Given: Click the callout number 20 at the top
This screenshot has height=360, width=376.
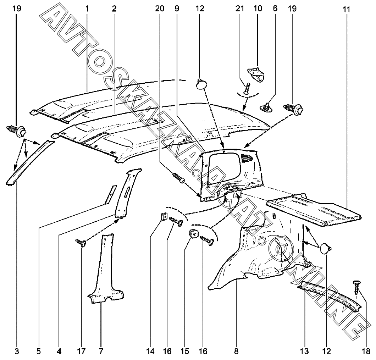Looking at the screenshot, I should (x=160, y=8).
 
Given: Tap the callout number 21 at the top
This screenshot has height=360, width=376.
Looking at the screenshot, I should (x=240, y=8).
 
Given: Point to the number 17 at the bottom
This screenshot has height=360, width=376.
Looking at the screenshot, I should (x=81, y=351).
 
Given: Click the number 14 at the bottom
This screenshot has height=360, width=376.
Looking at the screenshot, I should (x=151, y=351).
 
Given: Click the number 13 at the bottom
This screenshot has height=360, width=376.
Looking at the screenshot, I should (x=304, y=351).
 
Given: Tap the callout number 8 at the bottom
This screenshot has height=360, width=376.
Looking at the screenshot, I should (x=236, y=351).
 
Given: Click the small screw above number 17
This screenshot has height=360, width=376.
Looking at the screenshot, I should (x=81, y=243).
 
